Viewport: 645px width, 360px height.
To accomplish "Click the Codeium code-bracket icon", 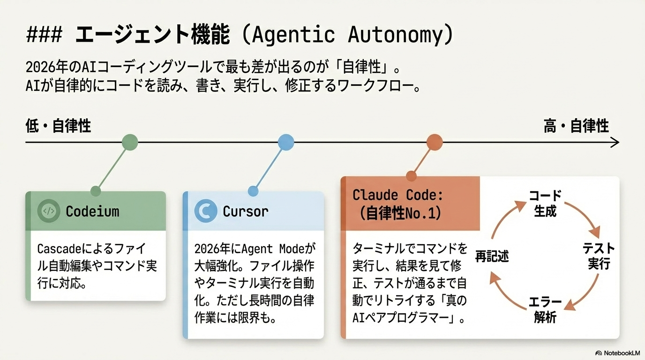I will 48,211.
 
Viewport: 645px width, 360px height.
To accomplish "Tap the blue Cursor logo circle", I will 205,211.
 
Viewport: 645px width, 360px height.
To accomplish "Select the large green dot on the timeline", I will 129,142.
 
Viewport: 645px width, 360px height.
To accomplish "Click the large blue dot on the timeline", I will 285,142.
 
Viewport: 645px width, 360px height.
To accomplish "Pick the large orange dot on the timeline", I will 435,142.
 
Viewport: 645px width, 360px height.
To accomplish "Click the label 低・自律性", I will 58,126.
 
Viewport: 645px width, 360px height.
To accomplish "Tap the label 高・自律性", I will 576,126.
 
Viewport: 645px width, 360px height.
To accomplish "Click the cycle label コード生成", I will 545,203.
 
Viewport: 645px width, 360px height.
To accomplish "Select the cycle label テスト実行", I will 599,255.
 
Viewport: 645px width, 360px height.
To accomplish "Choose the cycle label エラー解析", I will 545,309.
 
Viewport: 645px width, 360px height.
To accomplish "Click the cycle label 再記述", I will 492,256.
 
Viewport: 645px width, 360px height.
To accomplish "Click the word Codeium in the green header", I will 92,211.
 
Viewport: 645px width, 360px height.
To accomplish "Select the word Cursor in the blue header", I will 245,211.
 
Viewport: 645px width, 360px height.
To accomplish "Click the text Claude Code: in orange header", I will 397,195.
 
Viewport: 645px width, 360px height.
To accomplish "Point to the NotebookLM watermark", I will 617,353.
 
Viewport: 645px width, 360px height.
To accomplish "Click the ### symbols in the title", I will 45,36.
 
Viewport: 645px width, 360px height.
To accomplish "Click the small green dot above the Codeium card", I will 96,191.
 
